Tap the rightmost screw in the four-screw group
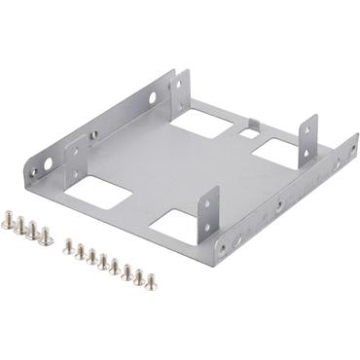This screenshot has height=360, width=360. pyautogui.click(x=46, y=235)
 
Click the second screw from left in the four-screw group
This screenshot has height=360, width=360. pyautogui.click(x=21, y=227)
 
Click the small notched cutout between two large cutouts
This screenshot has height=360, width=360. pyautogui.click(x=249, y=126)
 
